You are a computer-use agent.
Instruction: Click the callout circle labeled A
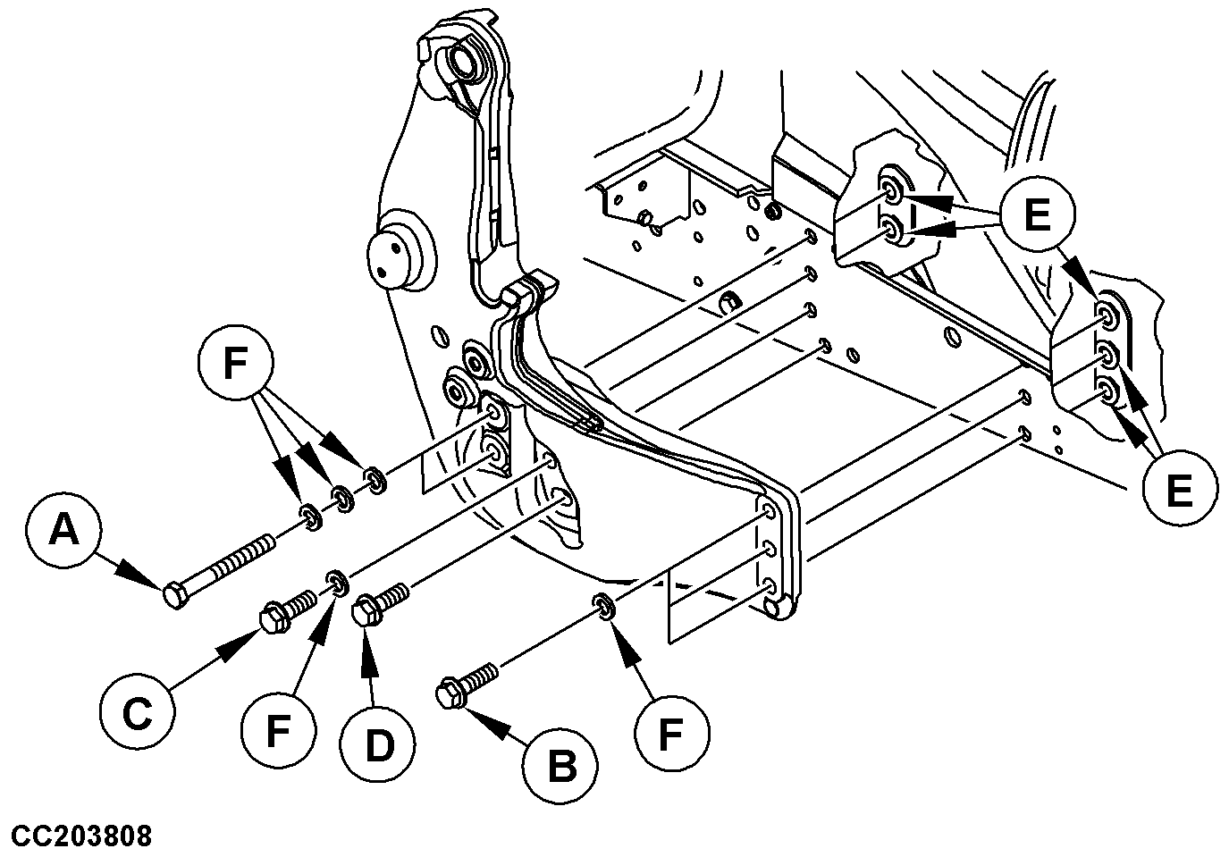63,533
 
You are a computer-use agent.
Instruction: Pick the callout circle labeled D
378,746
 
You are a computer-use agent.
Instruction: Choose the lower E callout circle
1179,490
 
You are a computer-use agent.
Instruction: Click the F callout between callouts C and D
278,734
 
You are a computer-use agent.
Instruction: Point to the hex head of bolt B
449,694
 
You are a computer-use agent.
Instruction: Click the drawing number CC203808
77,836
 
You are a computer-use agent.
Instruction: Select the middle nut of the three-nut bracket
1107,358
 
